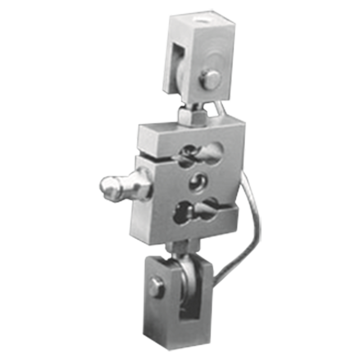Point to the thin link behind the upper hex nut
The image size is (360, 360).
217,108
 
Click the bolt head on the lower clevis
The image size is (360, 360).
156,286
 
